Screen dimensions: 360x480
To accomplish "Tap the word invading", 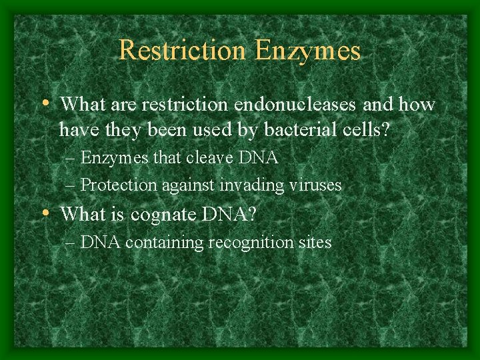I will (256, 185).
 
